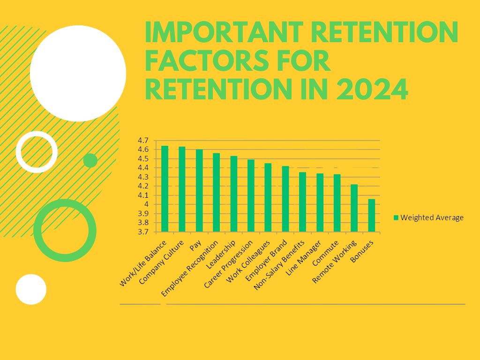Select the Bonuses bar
tap(371, 216)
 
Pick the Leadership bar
tap(233, 194)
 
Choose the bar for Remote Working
tap(354, 208)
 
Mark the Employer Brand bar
tap(285, 199)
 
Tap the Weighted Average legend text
tap(432, 217)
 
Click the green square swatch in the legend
tap(396, 217)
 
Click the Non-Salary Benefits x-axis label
tap(280, 265)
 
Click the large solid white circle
tap(78, 73)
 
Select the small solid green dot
tap(90, 160)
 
